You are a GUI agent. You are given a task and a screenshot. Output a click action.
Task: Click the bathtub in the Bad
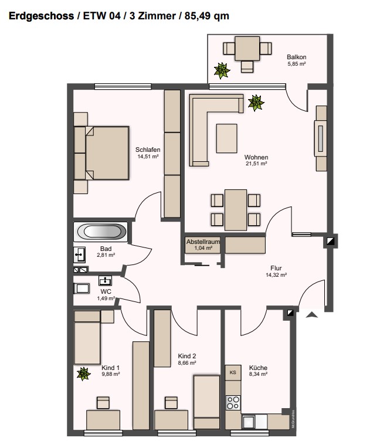pyautogui.click(x=101, y=232)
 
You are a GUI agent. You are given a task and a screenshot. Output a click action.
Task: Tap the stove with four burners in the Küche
pyautogui.click(x=233, y=403)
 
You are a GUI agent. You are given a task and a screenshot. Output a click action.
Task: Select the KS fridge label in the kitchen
pyautogui.click(x=233, y=372)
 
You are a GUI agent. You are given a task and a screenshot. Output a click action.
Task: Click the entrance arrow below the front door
pyautogui.click(x=312, y=314)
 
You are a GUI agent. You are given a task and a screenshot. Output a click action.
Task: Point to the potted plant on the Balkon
pyautogui.click(x=222, y=70)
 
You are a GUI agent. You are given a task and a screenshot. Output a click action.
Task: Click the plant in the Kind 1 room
pyautogui.click(x=83, y=374)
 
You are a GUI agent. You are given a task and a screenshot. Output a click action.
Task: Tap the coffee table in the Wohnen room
pyautogui.click(x=226, y=138)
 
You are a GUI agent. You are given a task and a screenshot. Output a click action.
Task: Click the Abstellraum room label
pyautogui.click(x=203, y=242)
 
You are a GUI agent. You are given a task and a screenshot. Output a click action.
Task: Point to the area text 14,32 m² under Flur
pyautogui.click(x=276, y=275)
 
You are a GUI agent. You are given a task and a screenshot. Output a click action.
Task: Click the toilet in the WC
pyautogui.click(x=82, y=289)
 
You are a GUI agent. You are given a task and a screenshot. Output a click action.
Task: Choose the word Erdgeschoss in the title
pyautogui.click(x=42, y=16)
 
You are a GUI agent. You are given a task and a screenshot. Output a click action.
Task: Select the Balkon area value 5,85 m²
pyautogui.click(x=297, y=64)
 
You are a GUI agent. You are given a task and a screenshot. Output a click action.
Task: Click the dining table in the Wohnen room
pyautogui.click(x=236, y=210)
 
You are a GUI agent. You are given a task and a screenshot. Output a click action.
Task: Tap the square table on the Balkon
pyautogui.click(x=247, y=49)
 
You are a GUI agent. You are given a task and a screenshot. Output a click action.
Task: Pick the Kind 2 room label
pyautogui.click(x=187, y=356)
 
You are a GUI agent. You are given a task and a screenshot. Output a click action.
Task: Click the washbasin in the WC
pyautogui.click(x=105, y=280)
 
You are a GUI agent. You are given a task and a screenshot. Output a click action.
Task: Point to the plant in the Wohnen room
pyautogui.click(x=256, y=103)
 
